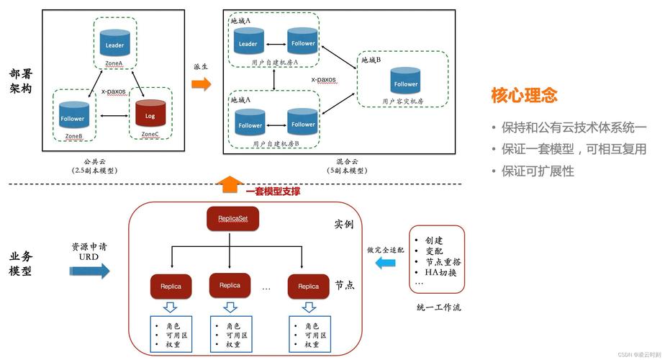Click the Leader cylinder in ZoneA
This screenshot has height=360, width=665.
point(114,43)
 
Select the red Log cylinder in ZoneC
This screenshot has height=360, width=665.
point(150,114)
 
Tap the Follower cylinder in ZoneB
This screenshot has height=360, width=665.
point(72,117)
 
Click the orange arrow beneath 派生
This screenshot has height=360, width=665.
point(202,84)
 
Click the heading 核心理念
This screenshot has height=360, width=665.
point(525,95)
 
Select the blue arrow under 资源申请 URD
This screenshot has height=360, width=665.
point(89,271)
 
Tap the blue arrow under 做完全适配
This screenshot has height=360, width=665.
point(386,264)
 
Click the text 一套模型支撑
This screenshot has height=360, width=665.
point(273,192)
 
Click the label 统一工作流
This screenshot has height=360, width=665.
point(438,307)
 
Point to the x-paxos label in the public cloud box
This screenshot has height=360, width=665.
point(114,91)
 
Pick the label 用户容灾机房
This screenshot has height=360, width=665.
point(403,101)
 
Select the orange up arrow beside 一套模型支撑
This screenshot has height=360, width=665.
point(229,185)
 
